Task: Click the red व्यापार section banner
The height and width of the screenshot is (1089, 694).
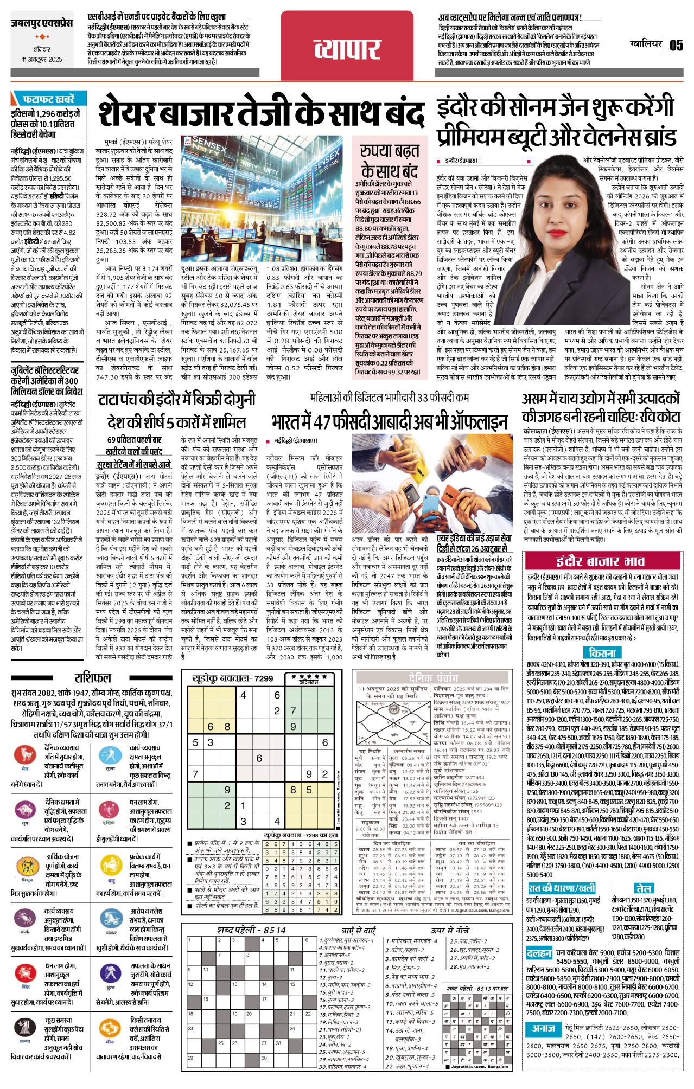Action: [348, 49]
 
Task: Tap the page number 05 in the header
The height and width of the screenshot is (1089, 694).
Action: [676, 45]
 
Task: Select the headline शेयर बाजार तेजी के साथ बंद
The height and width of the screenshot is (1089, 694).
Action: [260, 114]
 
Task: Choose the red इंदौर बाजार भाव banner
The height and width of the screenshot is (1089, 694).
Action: [600, 561]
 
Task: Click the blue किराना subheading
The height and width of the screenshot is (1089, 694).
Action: [602, 652]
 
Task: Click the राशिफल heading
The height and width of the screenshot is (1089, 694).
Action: [92, 678]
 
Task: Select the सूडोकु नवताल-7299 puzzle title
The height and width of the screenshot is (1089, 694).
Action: [233, 678]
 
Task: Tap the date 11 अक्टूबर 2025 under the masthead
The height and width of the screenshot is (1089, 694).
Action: [42, 59]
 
